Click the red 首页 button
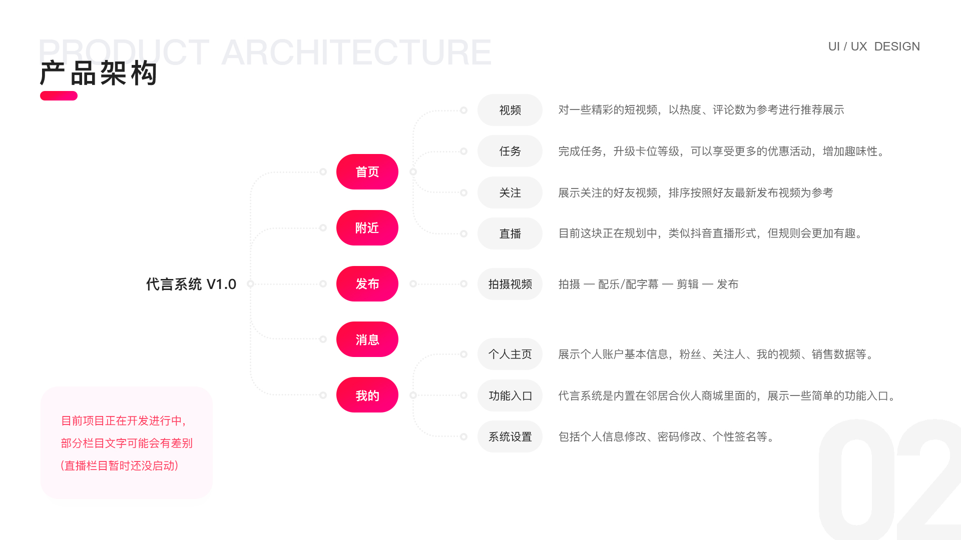point(367,171)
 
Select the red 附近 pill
point(367,227)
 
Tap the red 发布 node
point(367,283)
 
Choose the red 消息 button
point(367,339)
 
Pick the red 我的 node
point(367,395)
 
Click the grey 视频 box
point(510,110)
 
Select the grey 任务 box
point(510,151)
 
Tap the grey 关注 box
point(510,192)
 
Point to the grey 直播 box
point(510,233)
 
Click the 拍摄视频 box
point(510,284)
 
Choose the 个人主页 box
point(510,354)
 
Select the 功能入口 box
point(510,395)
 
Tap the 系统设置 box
point(510,436)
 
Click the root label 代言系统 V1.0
point(191,284)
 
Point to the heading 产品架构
point(99,73)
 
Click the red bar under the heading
point(59,95)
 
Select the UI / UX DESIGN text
point(874,46)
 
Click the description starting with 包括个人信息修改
point(667,436)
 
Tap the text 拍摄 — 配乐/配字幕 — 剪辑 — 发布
point(648,284)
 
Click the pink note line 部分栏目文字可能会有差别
point(127,443)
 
